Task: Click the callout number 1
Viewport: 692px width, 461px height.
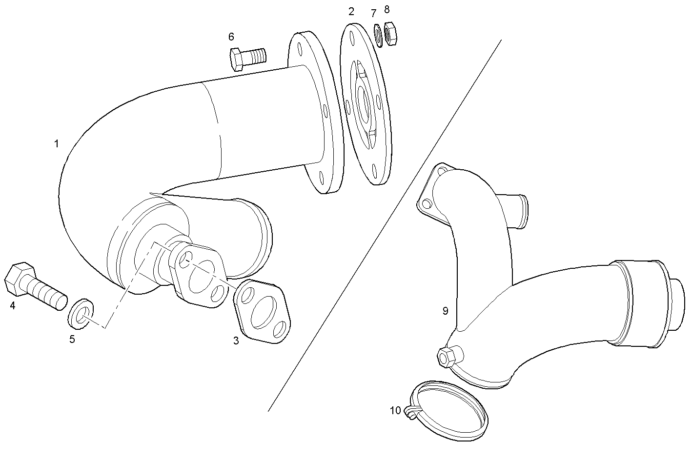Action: coord(57,144)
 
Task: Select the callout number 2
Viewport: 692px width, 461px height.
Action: coord(351,12)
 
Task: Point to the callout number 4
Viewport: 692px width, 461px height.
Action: coord(13,306)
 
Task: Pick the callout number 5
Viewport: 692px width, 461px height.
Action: coord(72,340)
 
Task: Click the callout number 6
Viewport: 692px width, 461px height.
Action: coord(231,37)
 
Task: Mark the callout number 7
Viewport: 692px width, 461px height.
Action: coord(374,13)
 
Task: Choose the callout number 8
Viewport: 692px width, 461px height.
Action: coord(387,9)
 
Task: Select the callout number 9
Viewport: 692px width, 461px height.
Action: coord(445,311)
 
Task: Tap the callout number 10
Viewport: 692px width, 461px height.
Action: coord(395,410)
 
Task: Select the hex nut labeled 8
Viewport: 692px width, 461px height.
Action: coord(391,34)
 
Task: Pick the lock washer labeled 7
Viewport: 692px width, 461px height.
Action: coord(377,34)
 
